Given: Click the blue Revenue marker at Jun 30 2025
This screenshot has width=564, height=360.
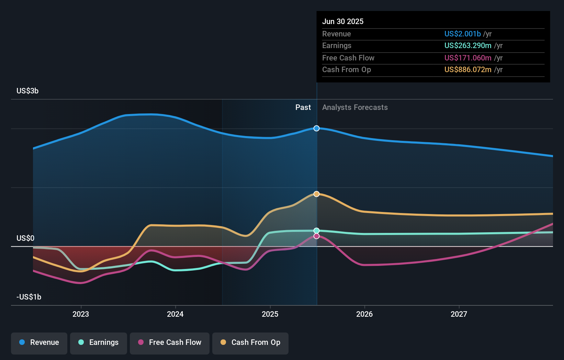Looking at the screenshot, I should [x=316, y=128].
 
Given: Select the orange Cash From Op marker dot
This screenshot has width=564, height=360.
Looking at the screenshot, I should [x=316, y=194].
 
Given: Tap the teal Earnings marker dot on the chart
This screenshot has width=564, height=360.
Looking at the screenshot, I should [x=316, y=230].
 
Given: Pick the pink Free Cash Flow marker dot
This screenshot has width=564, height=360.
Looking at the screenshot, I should [x=316, y=236].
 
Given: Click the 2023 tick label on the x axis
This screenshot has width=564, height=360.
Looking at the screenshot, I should [x=81, y=314].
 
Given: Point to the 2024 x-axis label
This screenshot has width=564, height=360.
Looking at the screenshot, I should [x=175, y=314].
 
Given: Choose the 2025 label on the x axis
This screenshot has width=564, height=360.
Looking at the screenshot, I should [x=270, y=314].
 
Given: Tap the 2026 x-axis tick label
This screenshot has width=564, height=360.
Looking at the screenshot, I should [x=364, y=314].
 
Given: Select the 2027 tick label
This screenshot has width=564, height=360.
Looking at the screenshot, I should [x=459, y=314].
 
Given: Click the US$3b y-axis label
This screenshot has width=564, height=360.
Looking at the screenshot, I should [x=27, y=91].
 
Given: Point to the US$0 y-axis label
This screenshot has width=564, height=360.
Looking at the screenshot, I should [x=25, y=238].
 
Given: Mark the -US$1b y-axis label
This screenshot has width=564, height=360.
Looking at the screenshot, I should [x=29, y=297].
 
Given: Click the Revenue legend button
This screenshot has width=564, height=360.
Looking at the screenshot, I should [x=39, y=342].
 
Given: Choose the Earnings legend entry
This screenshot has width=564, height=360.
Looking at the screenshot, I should [x=99, y=342].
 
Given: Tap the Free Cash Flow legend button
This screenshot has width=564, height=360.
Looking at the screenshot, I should [x=170, y=342].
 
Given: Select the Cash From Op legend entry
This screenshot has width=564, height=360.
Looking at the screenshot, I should [x=250, y=342].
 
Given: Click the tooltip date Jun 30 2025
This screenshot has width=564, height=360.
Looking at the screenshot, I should [x=343, y=21].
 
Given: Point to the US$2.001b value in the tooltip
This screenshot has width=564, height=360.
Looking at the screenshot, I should [x=462, y=34].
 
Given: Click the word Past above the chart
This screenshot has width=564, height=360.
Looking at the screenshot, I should [x=303, y=107].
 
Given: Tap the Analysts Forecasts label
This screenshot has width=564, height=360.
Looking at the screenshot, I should [x=355, y=107].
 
